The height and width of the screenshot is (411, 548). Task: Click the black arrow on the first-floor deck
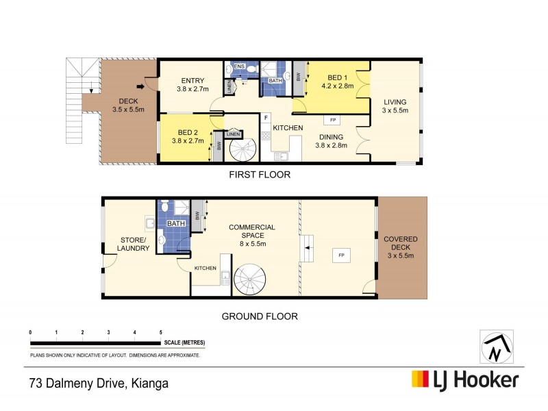click(140, 86)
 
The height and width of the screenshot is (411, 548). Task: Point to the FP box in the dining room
click(333, 121)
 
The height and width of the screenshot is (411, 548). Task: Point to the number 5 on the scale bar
click(160, 332)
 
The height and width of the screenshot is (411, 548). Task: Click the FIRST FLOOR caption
click(260, 175)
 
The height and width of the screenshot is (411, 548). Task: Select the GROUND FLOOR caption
click(260, 316)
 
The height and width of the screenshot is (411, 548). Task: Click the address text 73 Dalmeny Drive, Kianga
click(99, 383)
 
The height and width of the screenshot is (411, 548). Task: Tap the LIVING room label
click(395, 106)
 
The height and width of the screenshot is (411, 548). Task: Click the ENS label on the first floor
click(239, 66)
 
